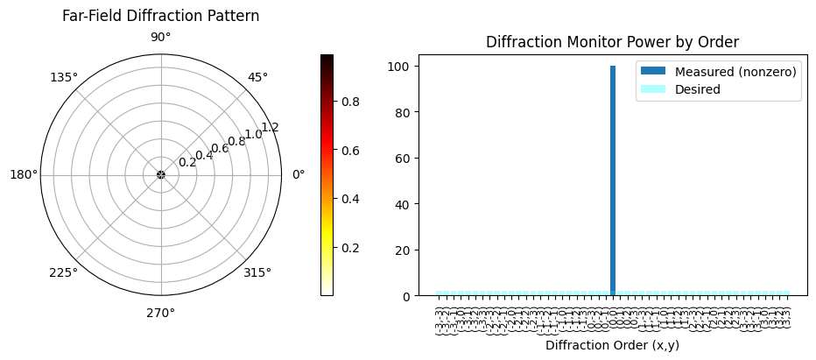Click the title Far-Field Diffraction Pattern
[x=160, y=16]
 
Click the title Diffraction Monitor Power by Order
[x=612, y=41]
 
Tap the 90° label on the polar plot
[x=160, y=37]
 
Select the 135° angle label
[x=63, y=77]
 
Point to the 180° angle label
[x=23, y=174]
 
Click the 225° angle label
[x=63, y=272]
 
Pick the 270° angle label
[x=160, y=313]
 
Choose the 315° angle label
[x=257, y=272]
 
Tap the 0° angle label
[x=298, y=174]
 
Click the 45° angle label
[x=257, y=77]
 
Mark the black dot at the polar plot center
[x=160, y=174]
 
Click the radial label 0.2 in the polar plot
[x=187, y=162]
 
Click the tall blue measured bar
[x=613, y=180]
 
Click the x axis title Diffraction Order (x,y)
[x=612, y=345]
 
